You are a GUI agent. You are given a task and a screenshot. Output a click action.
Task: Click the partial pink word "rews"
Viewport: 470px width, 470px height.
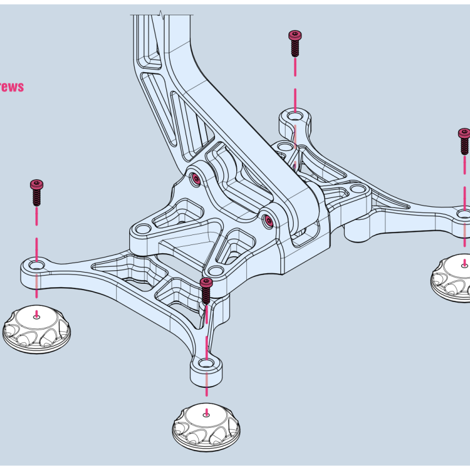[x=11, y=87]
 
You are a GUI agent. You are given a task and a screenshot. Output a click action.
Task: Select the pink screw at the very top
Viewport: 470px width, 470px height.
[x=295, y=43]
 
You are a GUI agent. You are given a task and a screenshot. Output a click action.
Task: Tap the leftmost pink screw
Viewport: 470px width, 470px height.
[x=36, y=192]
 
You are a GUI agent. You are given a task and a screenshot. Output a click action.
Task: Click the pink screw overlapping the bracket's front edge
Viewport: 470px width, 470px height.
[x=206, y=290]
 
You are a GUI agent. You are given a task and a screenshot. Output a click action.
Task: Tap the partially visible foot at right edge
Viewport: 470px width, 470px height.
[x=452, y=279]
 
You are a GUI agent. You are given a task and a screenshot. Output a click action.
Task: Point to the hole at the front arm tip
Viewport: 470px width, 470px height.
[x=206, y=364]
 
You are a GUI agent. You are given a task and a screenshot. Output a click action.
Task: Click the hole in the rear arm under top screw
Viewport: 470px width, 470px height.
[x=295, y=116]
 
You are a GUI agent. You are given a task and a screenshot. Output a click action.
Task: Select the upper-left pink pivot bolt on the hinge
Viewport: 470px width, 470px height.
[x=196, y=177]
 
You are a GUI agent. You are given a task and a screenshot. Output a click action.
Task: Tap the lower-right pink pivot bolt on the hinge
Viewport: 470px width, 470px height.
[x=269, y=220]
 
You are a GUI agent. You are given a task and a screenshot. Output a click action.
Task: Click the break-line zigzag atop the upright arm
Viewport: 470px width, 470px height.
[x=160, y=13]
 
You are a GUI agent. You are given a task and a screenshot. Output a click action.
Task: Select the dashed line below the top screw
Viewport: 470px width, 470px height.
[x=295, y=82]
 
